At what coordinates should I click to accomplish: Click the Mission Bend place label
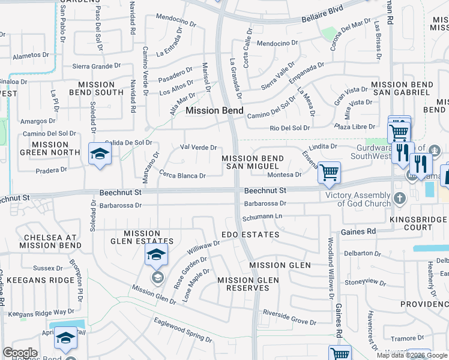pos(214,111)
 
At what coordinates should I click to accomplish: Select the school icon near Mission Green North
pos(100,154)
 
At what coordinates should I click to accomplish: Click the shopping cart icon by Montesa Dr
pos(329,172)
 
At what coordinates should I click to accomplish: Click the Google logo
pos(20,353)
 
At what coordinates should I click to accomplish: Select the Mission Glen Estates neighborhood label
pos(148,238)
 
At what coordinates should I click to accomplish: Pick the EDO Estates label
pos(250,235)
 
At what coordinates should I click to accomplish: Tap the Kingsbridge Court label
pos(418,223)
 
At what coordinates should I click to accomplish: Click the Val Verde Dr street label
pos(198,148)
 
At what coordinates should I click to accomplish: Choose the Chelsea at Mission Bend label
pos(50,241)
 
